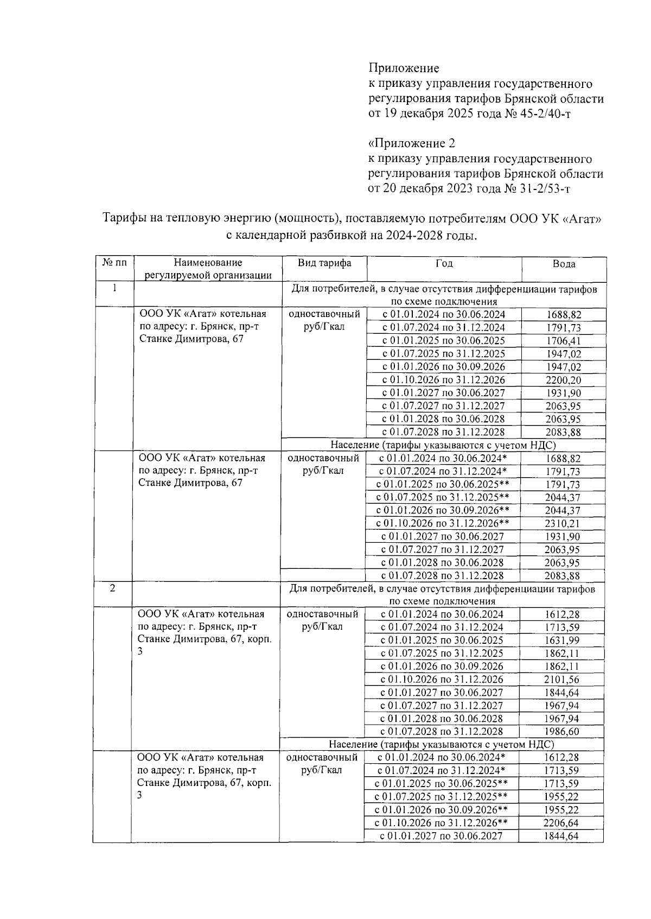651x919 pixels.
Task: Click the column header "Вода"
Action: [564, 264]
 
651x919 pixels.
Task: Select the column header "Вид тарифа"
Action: [324, 263]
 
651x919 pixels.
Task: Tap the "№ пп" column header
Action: [114, 263]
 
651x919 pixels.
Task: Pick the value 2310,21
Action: [563, 523]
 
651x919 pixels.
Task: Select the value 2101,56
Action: [561, 680]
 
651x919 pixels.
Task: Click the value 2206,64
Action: [561, 823]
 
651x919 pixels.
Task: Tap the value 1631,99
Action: [561, 641]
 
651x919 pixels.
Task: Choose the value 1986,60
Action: [561, 732]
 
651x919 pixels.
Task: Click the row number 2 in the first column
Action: [112, 588]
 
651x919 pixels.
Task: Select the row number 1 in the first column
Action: [115, 288]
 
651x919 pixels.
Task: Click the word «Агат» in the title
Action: [580, 219]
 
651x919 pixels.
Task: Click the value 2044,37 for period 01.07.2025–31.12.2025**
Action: [563, 497]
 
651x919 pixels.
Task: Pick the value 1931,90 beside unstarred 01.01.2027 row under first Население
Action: [563, 536]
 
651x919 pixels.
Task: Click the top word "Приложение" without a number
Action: [404, 68]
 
